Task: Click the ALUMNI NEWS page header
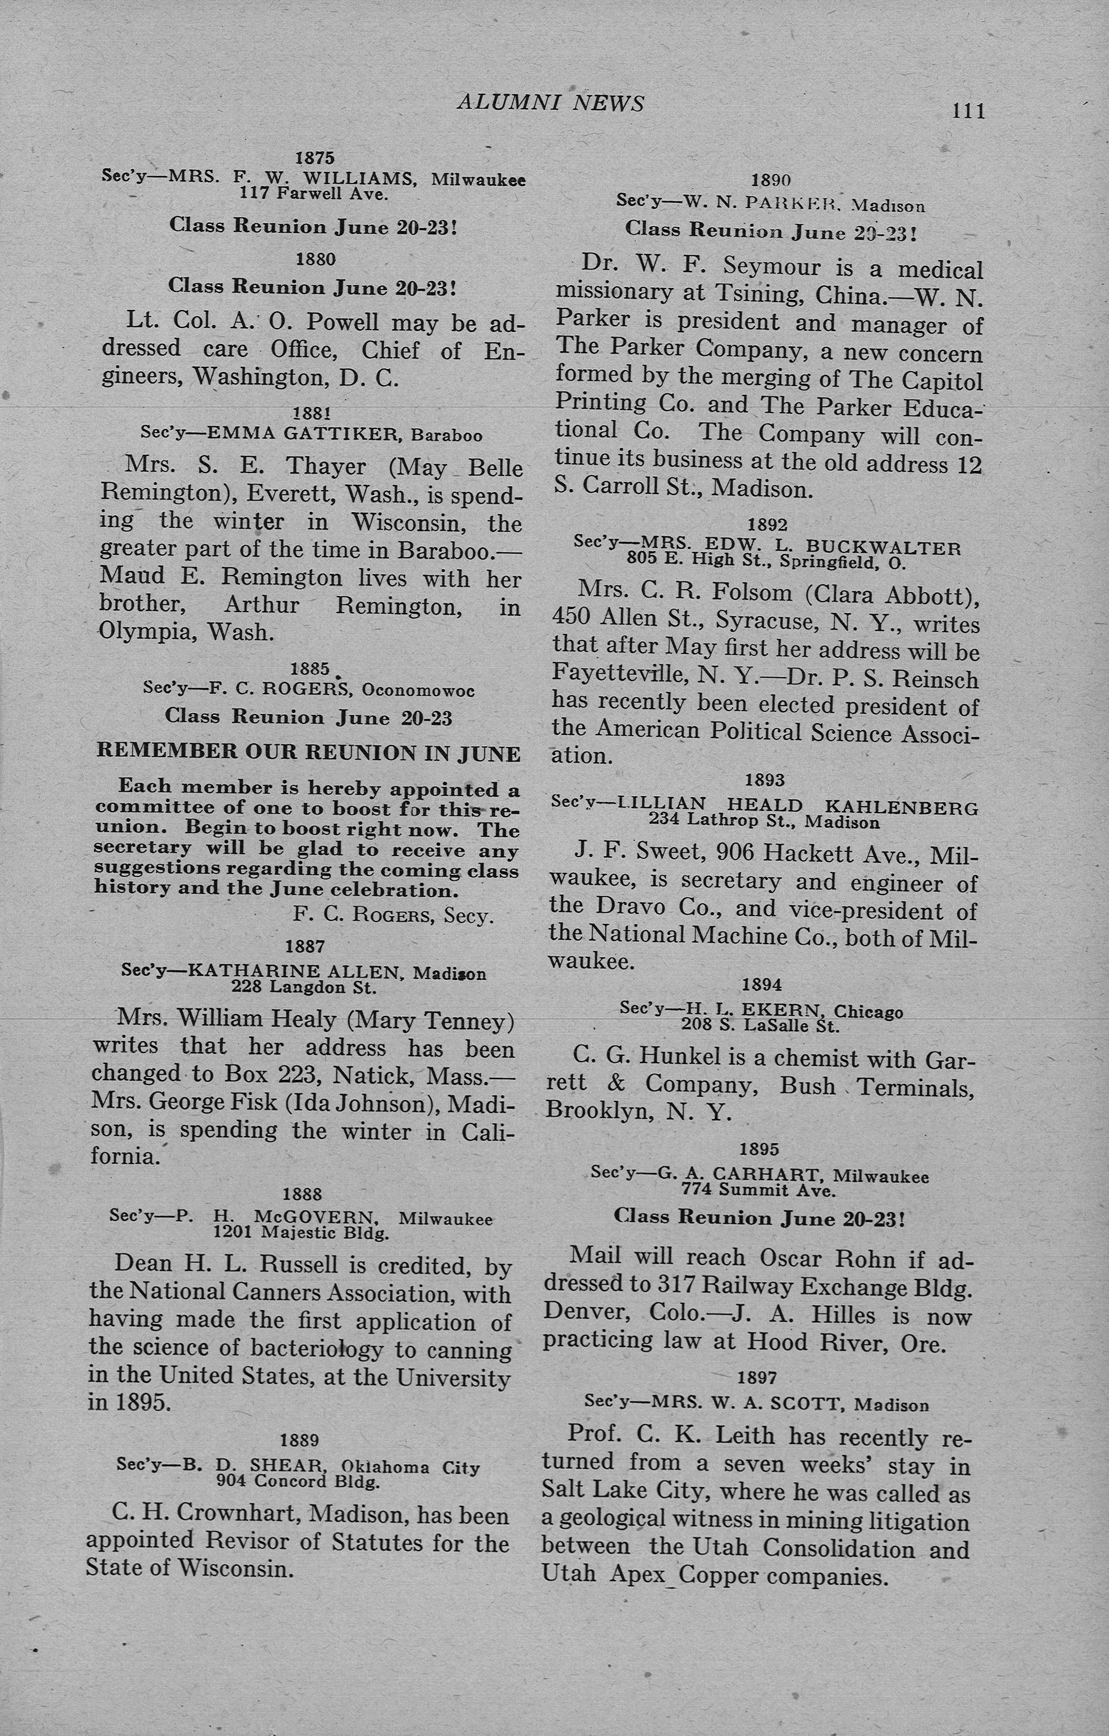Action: pos(550,103)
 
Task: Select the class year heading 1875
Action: pos(315,157)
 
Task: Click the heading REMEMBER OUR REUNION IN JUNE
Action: pos(309,752)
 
